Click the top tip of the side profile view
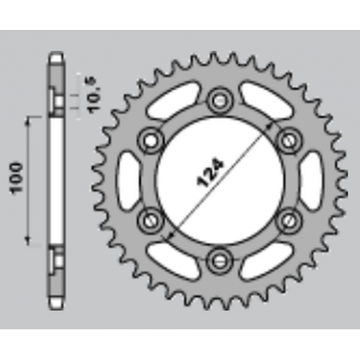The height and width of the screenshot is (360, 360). click(x=57, y=55)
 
